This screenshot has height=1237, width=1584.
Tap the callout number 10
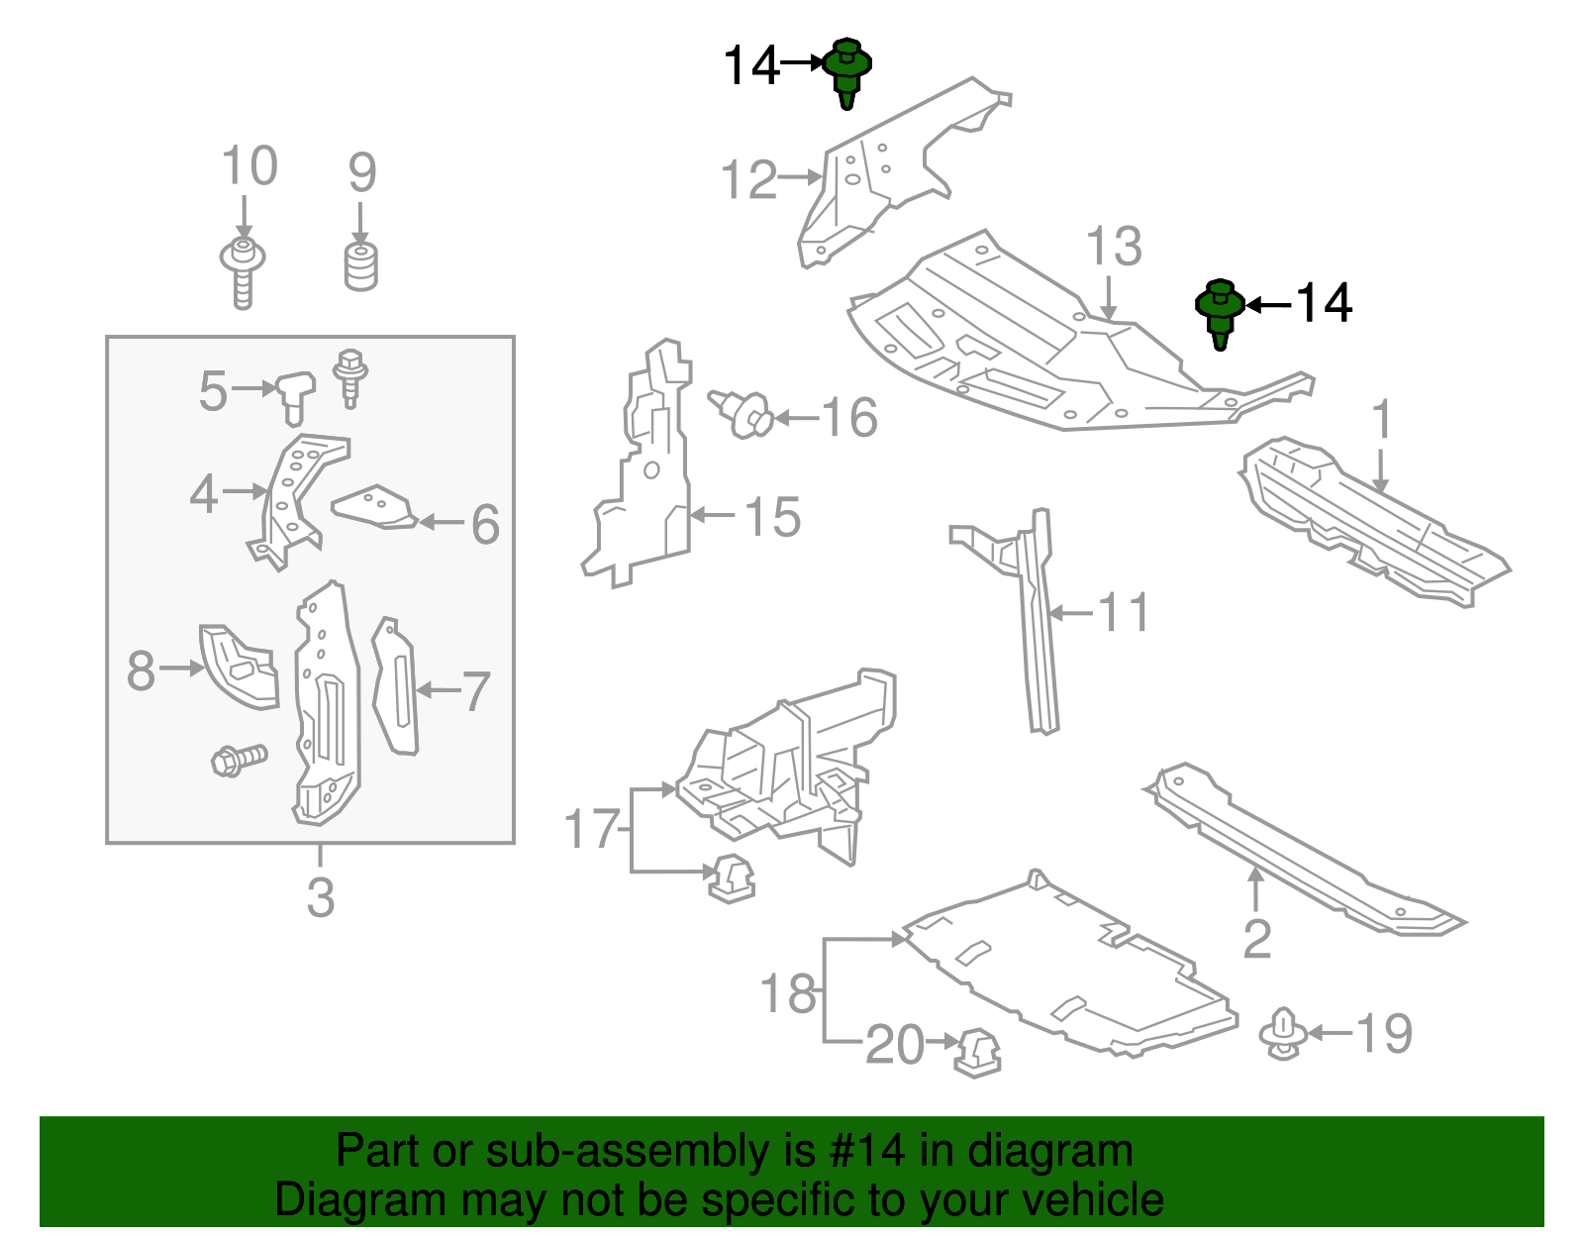click(x=248, y=166)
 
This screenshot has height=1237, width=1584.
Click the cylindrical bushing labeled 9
click(x=361, y=267)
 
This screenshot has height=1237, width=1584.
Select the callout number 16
click(x=848, y=418)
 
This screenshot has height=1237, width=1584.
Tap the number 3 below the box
click(x=320, y=897)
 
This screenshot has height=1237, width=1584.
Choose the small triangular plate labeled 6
click(x=374, y=508)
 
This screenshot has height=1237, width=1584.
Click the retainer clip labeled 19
click(x=1283, y=1034)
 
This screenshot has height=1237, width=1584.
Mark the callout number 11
click(x=1124, y=613)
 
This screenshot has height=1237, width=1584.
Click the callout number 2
click(x=1256, y=939)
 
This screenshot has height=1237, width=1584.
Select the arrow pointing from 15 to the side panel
click(x=712, y=515)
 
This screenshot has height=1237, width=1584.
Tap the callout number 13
click(x=1114, y=247)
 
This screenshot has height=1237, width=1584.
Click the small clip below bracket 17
click(x=731, y=877)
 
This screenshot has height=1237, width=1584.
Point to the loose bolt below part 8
click(x=239, y=760)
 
